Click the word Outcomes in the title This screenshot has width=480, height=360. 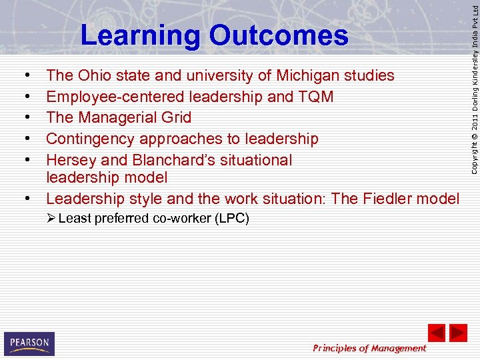(279, 36)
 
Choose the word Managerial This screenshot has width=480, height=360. (117, 117)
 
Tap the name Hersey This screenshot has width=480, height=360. (70, 160)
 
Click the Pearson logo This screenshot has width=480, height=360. (29, 343)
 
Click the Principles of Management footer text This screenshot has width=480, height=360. (369, 348)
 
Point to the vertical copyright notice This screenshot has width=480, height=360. (473, 87)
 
